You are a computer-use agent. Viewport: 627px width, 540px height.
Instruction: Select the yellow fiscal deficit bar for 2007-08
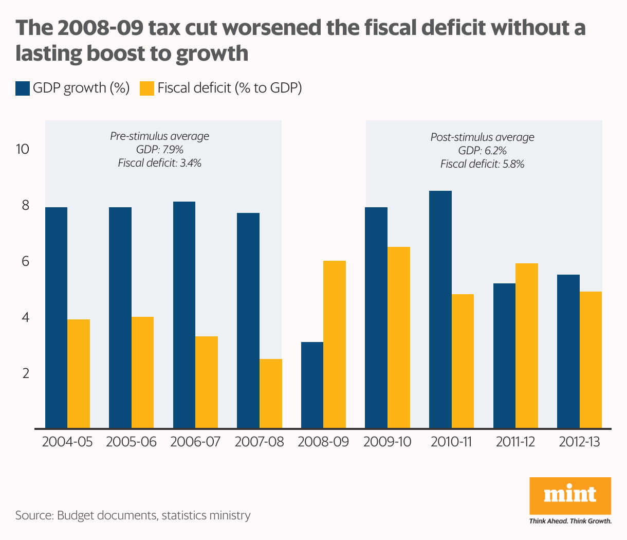click(x=271, y=393)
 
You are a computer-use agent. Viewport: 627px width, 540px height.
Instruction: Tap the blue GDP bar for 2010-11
click(x=440, y=309)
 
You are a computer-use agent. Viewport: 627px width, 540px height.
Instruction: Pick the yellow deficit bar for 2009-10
click(x=399, y=337)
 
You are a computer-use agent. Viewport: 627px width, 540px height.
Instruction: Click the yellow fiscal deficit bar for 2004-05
click(x=79, y=373)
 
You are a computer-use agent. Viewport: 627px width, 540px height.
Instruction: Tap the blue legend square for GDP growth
click(x=23, y=88)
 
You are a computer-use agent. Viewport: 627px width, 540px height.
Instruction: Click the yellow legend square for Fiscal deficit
click(x=147, y=88)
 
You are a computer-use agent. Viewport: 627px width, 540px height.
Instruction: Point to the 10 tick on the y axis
click(x=23, y=150)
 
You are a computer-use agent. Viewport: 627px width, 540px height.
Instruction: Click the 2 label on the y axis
click(x=26, y=373)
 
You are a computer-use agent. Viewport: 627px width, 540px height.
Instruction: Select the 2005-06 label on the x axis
click(x=131, y=442)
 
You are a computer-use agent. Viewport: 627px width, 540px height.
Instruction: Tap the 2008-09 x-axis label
click(x=323, y=442)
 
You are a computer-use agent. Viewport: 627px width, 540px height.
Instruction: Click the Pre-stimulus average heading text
click(x=160, y=136)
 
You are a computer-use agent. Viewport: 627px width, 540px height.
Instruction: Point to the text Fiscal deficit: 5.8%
click(x=482, y=164)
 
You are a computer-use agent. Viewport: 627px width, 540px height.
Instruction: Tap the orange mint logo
click(x=570, y=495)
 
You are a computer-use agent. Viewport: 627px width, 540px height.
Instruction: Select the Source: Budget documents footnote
click(x=133, y=515)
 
